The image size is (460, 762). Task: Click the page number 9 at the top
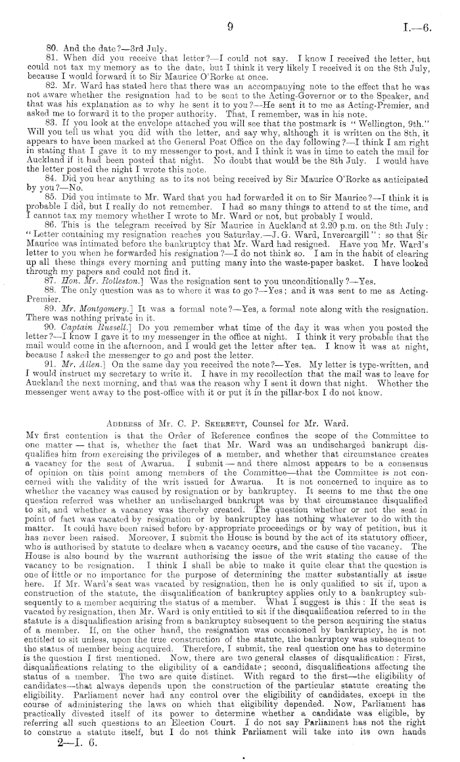click(230, 27)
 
